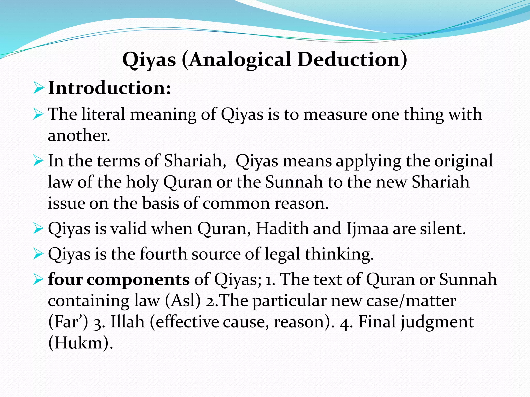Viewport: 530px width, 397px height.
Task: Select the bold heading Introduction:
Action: pyautogui.click(x=109, y=88)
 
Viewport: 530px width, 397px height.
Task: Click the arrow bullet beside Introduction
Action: pyautogui.click(x=39, y=88)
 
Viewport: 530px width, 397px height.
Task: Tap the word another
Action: pyautogui.click(x=79, y=135)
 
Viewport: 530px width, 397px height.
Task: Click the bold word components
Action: pyautogui.click(x=138, y=280)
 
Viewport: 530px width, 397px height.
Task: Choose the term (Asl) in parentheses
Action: pyautogui.click(x=183, y=301)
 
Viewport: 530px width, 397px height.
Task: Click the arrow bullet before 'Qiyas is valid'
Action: pyautogui.click(x=39, y=229)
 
